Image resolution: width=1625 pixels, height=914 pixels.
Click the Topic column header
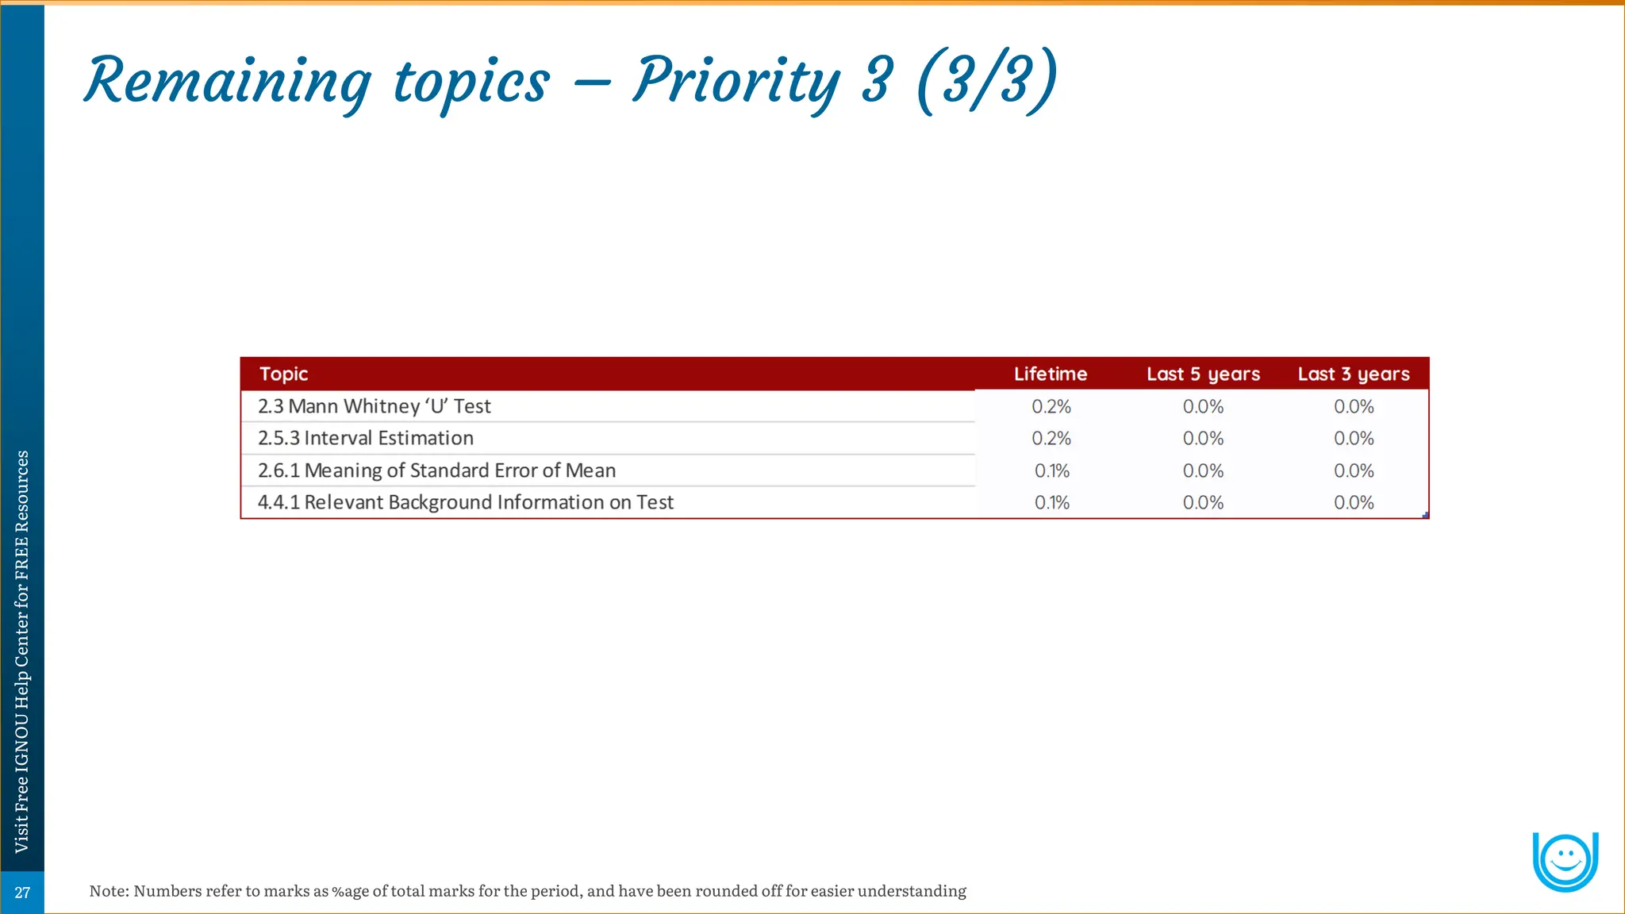[x=283, y=374]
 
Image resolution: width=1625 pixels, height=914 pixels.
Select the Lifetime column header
[x=1051, y=374]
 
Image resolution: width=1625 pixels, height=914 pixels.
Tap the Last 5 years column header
[x=1203, y=374]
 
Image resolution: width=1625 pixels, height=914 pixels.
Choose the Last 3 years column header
[x=1354, y=374]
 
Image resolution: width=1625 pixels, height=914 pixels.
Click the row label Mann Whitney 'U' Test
[x=375, y=406]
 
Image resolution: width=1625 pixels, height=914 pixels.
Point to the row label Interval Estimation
[x=366, y=438]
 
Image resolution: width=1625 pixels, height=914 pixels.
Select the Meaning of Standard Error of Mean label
[x=436, y=470]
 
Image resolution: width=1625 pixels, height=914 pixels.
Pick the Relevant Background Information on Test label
[x=466, y=502]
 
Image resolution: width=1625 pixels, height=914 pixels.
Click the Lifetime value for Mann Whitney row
[x=1051, y=406]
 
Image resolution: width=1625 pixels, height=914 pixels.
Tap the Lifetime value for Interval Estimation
[x=1051, y=438]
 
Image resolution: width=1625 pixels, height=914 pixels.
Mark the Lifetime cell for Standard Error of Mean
[x=1052, y=470]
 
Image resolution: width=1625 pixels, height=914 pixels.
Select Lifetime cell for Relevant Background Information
[x=1052, y=502]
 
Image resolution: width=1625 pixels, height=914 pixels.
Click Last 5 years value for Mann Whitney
[x=1203, y=406]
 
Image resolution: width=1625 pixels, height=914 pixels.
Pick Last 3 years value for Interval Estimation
[x=1354, y=438]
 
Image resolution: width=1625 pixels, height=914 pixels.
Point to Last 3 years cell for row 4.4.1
[x=1354, y=502]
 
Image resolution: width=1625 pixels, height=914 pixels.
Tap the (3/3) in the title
[x=986, y=80]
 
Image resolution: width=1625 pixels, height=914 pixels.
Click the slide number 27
[x=22, y=893]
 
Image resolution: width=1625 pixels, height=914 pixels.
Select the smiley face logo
[x=1565, y=861]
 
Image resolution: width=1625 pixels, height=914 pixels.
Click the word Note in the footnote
[x=108, y=891]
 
